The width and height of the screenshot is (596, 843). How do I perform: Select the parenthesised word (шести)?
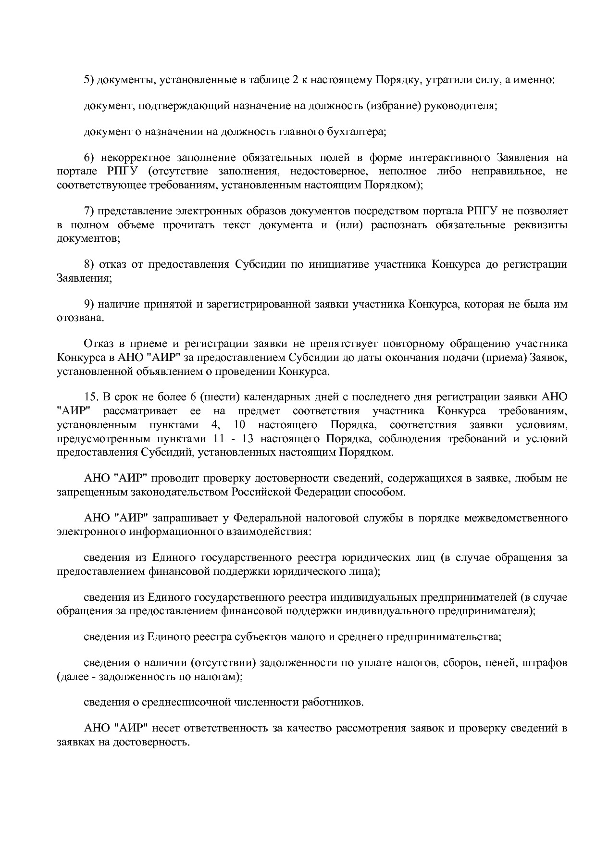[x=219, y=397]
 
